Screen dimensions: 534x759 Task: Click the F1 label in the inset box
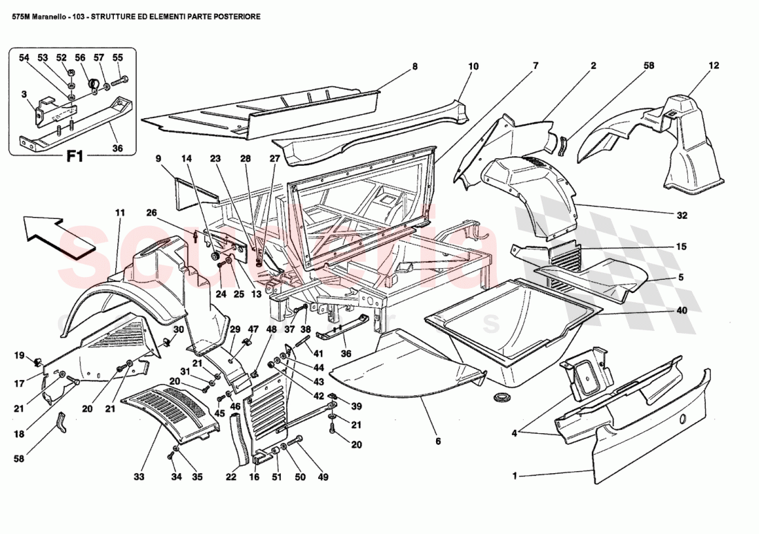(x=74, y=156)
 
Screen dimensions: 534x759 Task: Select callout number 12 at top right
(x=713, y=66)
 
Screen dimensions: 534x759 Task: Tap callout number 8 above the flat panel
(x=415, y=67)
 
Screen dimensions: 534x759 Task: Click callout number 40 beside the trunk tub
(x=682, y=310)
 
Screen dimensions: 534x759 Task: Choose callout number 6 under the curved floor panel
(x=437, y=441)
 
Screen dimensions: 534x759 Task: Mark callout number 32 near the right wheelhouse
(x=682, y=215)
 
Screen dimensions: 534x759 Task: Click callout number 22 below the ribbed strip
(x=231, y=477)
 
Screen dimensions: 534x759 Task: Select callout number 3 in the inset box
(x=24, y=95)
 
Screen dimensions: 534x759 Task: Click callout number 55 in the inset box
(x=117, y=57)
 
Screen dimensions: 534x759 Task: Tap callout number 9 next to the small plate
(x=158, y=158)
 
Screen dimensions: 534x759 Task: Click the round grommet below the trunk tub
(x=501, y=399)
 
